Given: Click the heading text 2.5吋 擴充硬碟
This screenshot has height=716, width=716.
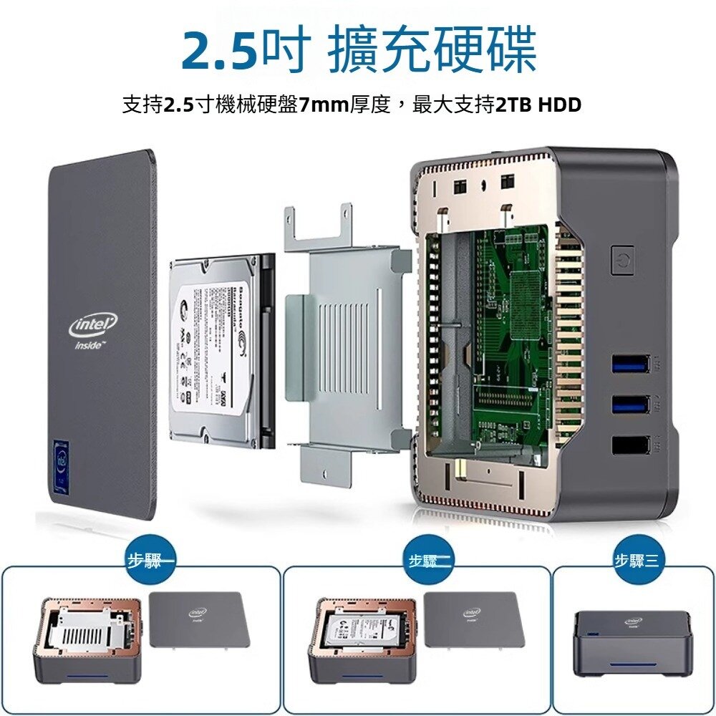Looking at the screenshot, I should coord(358,50).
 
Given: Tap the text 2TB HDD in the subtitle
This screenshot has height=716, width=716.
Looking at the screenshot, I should coord(538,105).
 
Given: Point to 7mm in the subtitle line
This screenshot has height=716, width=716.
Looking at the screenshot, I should coord(324,105).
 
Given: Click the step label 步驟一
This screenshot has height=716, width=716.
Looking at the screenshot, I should coord(147,561).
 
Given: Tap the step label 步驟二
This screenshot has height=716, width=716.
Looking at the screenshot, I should coord(428,561).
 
